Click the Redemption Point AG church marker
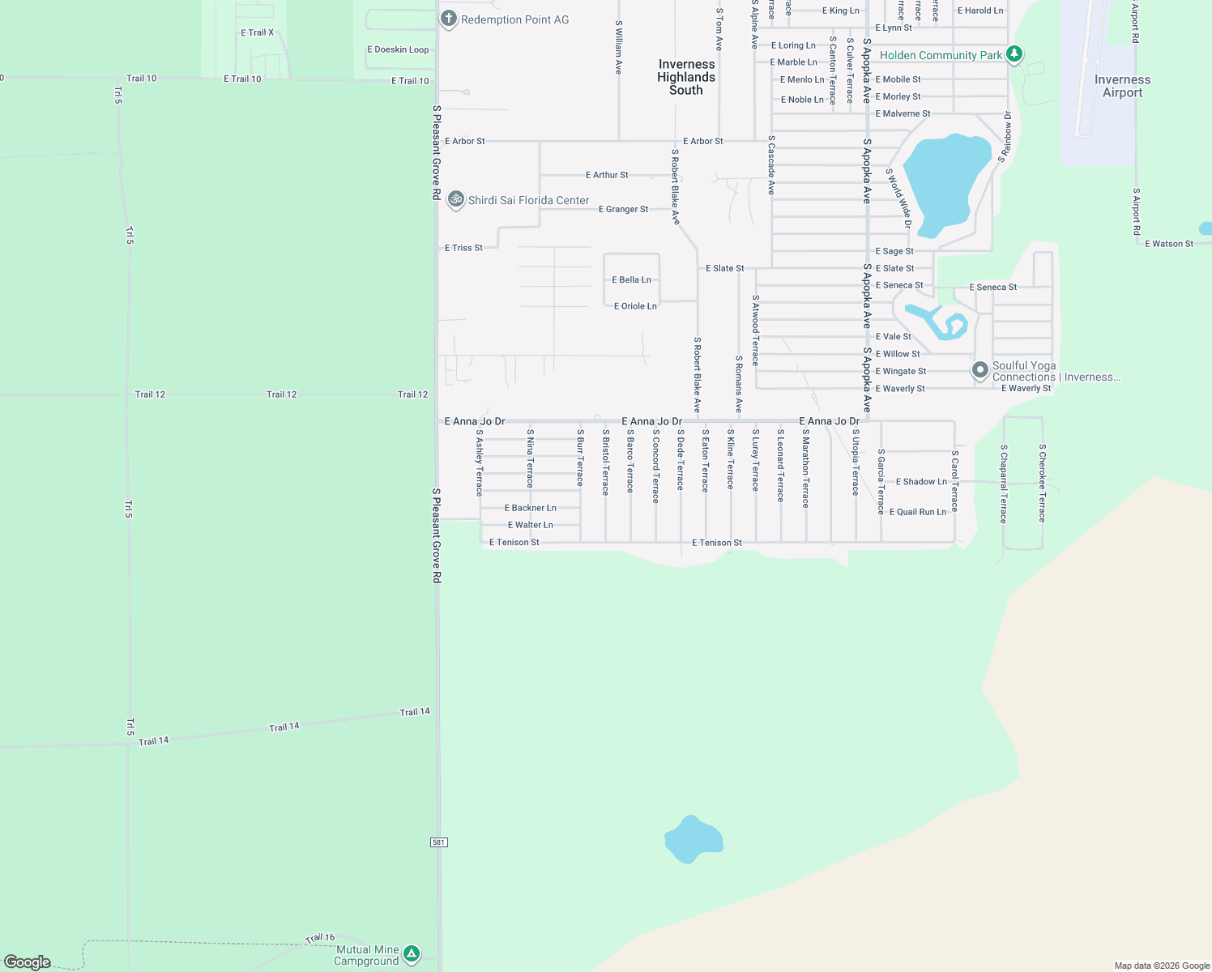(x=449, y=19)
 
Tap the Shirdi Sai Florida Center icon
(x=456, y=199)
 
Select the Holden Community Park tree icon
(x=1014, y=54)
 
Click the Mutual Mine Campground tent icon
(x=412, y=954)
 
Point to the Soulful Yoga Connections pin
(x=980, y=370)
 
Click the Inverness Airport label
(x=1122, y=86)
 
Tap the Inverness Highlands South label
(x=686, y=77)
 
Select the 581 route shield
(x=438, y=842)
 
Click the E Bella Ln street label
(x=631, y=279)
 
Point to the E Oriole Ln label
(x=635, y=306)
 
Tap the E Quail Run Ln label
(x=917, y=512)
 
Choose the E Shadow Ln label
(x=921, y=482)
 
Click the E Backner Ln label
(x=530, y=508)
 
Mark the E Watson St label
(x=1168, y=244)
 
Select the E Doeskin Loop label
(x=398, y=49)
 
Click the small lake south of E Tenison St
(x=693, y=839)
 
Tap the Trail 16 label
(x=320, y=938)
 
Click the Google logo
(x=28, y=962)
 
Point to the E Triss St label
(x=463, y=248)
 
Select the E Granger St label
(x=623, y=209)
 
